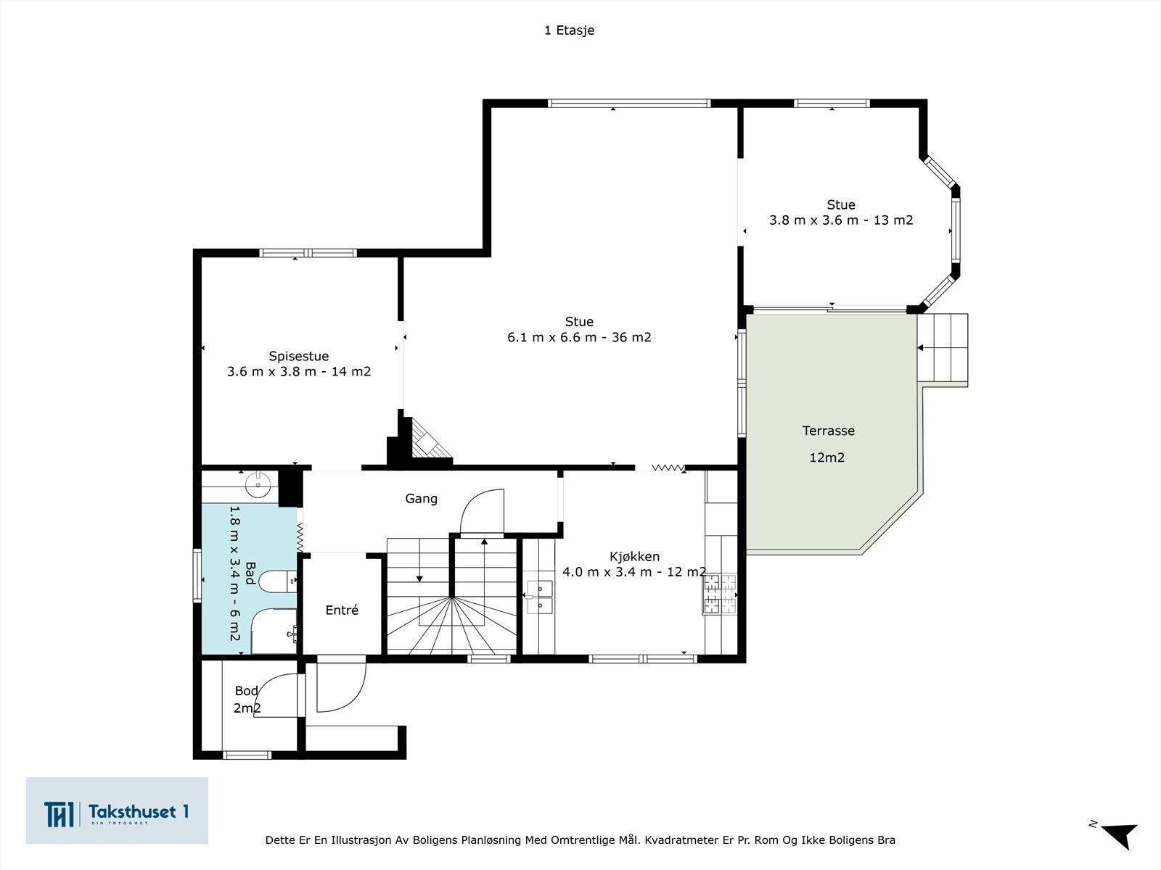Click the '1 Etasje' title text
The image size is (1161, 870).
pos(569,30)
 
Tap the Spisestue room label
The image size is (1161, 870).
pos(299,356)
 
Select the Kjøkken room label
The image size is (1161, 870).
pos(634,557)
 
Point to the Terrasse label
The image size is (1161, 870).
pos(829,431)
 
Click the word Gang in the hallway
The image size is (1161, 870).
pos(421,499)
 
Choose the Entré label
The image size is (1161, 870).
pos(342,610)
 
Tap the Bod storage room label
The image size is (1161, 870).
pos(247,690)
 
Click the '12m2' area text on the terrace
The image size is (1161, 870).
pos(826,457)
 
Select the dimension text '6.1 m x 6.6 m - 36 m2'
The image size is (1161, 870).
pos(579,337)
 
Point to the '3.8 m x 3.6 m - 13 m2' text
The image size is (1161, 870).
pos(841,220)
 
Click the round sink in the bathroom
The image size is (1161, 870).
pos(258,484)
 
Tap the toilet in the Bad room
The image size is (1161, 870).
pos(277,581)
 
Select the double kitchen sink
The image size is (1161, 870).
pos(540,597)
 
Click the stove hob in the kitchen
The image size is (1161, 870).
pos(719,594)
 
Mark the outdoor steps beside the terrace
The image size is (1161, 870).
pos(943,347)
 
